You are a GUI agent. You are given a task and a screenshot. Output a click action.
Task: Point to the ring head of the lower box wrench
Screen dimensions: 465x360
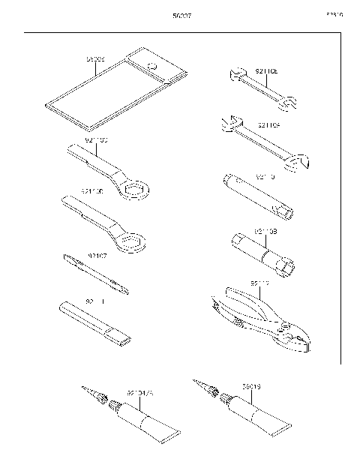click(132, 241)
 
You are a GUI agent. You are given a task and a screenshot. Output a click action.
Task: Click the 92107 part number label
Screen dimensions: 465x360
click(98, 256)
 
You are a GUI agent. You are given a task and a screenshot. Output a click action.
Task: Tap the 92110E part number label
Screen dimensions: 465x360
click(267, 71)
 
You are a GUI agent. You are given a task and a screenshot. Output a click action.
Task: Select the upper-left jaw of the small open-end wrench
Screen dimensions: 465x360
click(233, 73)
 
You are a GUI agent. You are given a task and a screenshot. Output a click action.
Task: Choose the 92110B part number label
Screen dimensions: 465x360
click(266, 232)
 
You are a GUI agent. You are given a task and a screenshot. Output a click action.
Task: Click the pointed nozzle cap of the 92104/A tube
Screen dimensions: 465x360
click(94, 394)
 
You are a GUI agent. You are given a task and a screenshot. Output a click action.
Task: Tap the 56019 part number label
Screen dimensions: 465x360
click(251, 388)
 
